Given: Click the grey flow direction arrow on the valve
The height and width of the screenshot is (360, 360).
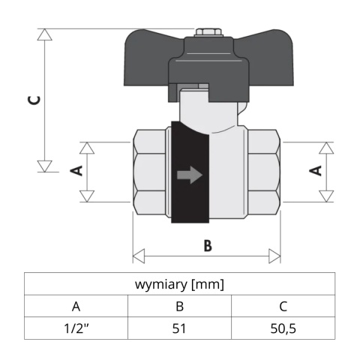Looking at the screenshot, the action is pyautogui.click(x=190, y=175).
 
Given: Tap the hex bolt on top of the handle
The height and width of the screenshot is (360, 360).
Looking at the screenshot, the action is pyautogui.click(x=208, y=32).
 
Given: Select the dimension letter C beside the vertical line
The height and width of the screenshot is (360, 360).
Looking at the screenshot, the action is pyautogui.click(x=34, y=100).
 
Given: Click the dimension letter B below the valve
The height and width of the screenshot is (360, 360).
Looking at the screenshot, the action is pyautogui.click(x=208, y=245).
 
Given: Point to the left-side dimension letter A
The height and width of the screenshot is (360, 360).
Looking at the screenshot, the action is pyautogui.click(x=76, y=170).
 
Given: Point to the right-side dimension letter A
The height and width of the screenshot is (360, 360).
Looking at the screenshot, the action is pyautogui.click(x=316, y=170).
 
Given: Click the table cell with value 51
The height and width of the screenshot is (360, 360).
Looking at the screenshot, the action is pyautogui.click(x=179, y=328).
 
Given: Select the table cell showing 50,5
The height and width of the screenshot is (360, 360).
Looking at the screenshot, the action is pyautogui.click(x=283, y=328).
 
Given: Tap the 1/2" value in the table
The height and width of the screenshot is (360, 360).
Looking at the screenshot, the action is pyautogui.click(x=76, y=328).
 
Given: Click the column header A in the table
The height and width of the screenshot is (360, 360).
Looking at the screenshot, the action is pyautogui.click(x=76, y=306).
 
